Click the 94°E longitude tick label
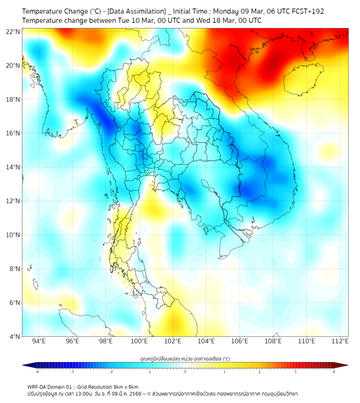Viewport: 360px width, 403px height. tap(39, 341)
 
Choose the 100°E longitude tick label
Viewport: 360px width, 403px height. tap(139, 341)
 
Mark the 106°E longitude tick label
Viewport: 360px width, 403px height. tap(240, 341)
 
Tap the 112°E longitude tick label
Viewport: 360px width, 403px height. tap(340, 341)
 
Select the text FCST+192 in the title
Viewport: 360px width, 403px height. tap(308, 11)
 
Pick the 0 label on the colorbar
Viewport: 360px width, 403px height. tap(185, 372)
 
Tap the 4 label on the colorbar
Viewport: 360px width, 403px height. tap(334, 372)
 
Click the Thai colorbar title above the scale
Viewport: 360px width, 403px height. tap(185, 358)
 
